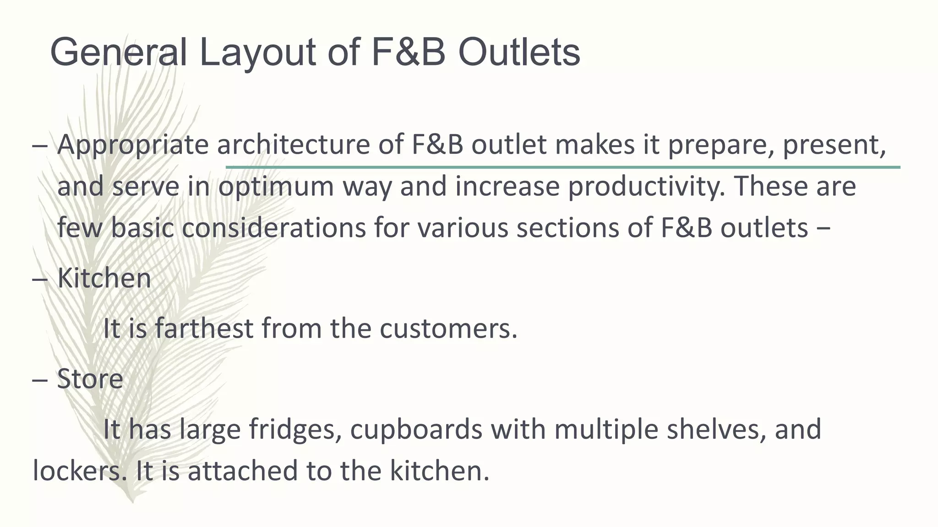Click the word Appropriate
(133, 145)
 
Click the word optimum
(276, 188)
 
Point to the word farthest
(204, 328)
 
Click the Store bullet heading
(90, 379)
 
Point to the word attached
(243, 471)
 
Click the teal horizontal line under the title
(562, 167)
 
